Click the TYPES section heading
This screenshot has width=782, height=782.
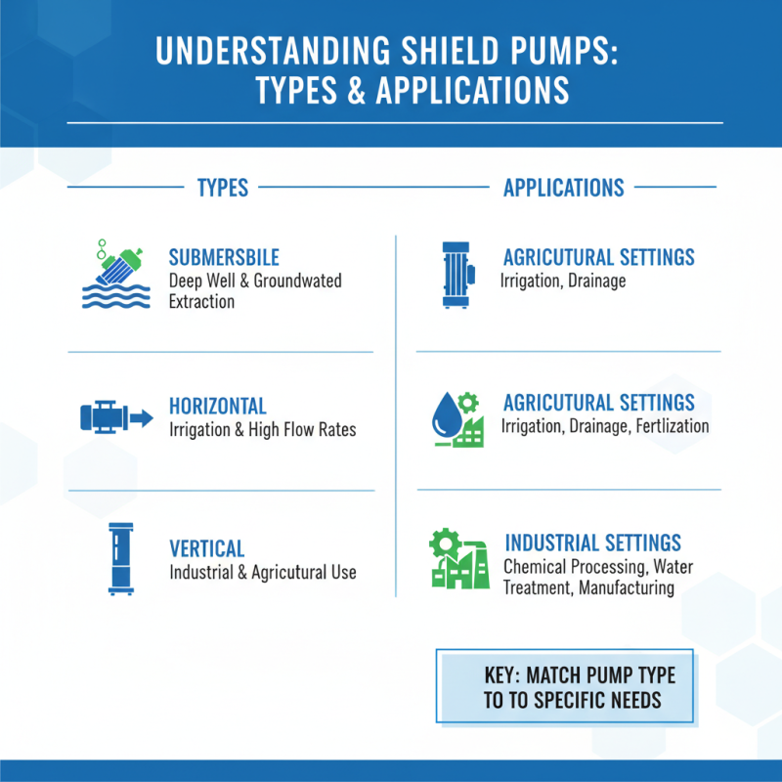(x=222, y=188)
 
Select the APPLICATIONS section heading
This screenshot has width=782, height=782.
(x=563, y=188)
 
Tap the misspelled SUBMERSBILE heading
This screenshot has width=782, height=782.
(x=224, y=258)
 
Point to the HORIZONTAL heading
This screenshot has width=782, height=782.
(x=217, y=406)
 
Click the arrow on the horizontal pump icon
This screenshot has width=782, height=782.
(x=142, y=418)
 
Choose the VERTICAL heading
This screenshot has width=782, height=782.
(x=206, y=548)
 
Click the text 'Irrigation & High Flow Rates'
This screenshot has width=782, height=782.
(x=263, y=429)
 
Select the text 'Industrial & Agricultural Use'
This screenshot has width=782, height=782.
(x=263, y=572)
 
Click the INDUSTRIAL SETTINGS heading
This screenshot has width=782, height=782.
(x=592, y=543)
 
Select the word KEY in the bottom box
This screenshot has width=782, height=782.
(x=505, y=675)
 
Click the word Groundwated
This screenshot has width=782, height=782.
(x=297, y=281)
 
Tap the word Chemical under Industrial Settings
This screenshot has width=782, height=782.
(x=536, y=566)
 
